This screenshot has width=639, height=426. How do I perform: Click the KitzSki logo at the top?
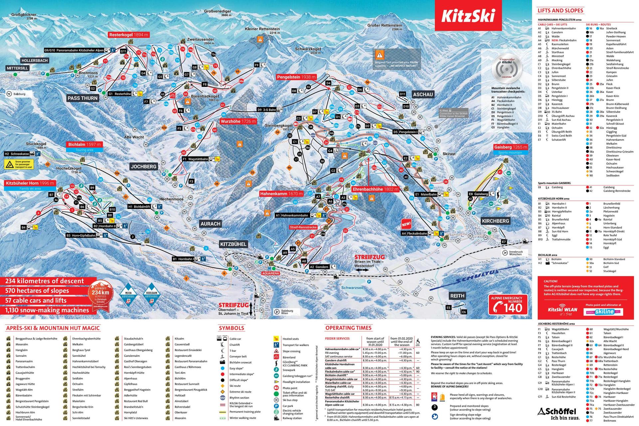coord(468,16)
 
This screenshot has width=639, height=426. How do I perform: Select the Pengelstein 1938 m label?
coord(296,77)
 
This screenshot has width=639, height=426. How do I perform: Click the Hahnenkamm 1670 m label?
coord(281,194)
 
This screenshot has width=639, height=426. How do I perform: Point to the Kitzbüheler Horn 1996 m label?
coord(30,183)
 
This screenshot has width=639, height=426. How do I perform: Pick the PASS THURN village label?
coord(83,98)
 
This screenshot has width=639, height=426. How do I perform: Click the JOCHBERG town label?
coord(144,166)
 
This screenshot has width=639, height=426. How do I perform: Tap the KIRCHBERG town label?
coord(495,221)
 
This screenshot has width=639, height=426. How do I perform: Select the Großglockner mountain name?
coord(24,15)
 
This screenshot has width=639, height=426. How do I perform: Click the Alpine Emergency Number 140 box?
coord(508,304)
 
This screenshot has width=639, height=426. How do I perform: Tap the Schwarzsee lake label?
coord(352,288)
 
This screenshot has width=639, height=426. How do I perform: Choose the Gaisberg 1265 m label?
coord(511,147)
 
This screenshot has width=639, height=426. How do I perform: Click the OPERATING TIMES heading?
coord(348,328)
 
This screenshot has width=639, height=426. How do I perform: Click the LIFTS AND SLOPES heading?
coord(560,10)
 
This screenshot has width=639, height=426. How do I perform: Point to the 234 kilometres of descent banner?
coord(45,281)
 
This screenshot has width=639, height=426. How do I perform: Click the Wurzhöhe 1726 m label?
coord(238,121)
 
